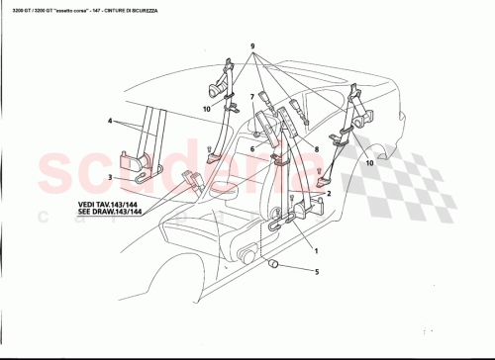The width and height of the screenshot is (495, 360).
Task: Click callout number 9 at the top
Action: (253, 47)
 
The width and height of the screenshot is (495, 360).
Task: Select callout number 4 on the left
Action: (110, 121)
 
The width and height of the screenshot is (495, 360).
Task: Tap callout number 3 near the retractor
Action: (110, 178)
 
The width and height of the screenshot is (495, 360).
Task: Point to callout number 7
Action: (253, 96)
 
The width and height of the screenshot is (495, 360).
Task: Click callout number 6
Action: (253, 149)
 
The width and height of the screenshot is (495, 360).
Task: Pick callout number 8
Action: (315, 149)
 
